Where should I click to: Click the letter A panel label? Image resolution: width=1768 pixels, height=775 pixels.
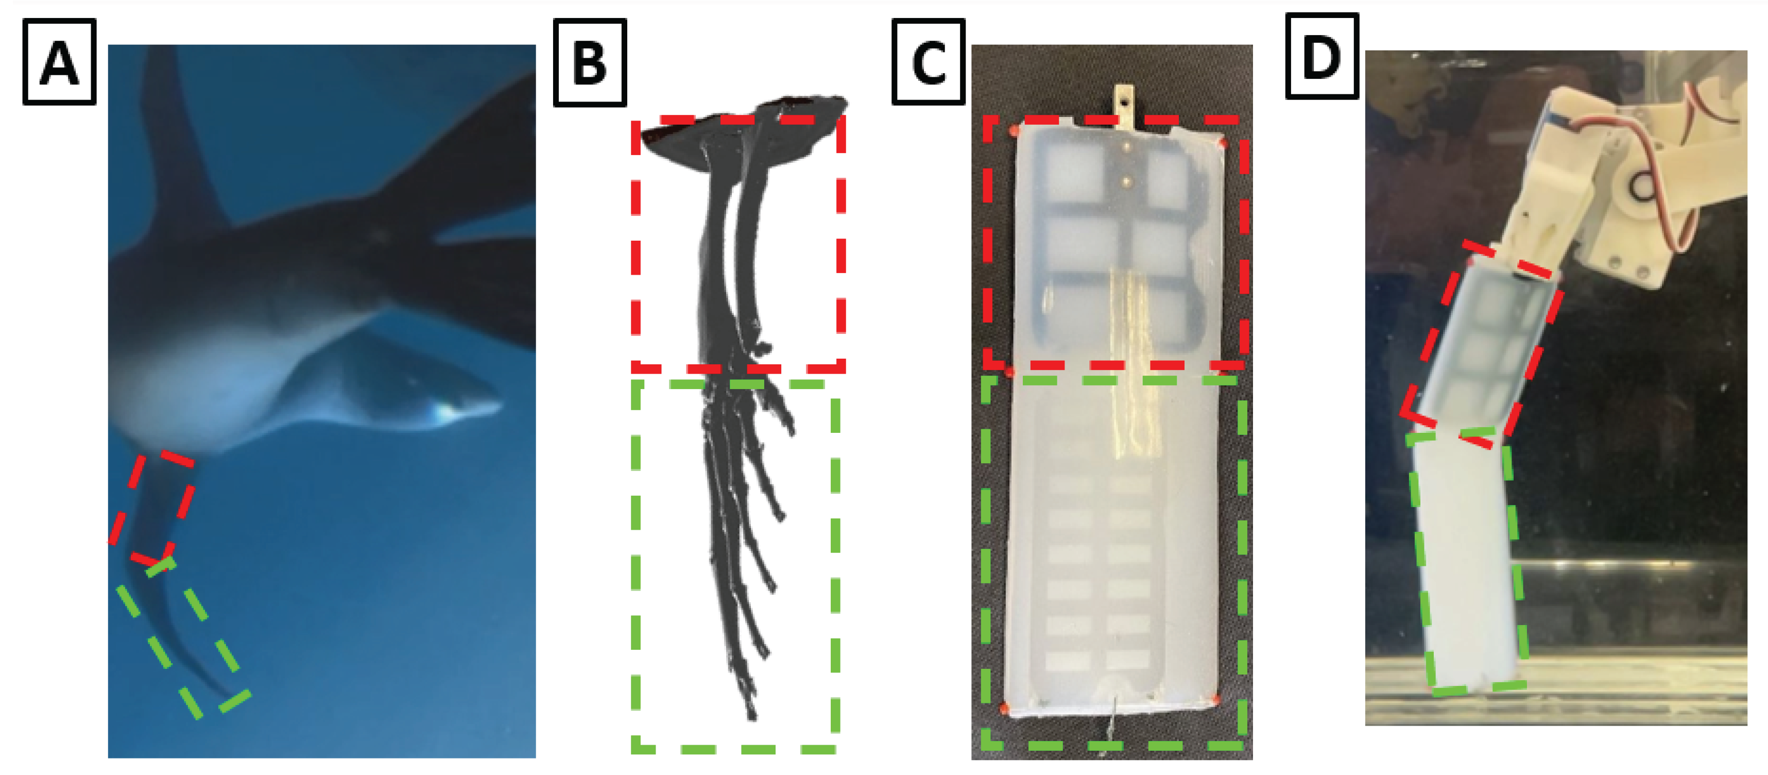coord(59,62)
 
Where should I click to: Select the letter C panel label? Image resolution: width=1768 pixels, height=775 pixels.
coord(929,62)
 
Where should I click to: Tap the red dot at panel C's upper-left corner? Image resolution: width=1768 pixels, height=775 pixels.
coord(1013,130)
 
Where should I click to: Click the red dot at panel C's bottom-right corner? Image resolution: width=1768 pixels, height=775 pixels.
coord(1215,699)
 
